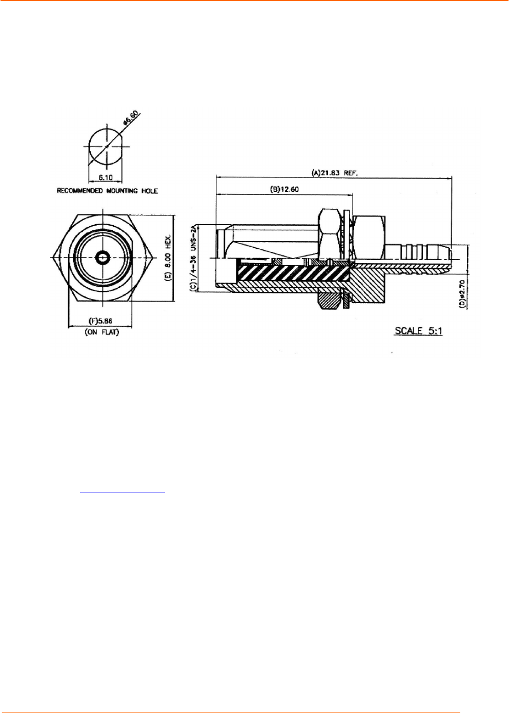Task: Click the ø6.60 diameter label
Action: pyautogui.click(x=130, y=117)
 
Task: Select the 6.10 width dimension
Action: pyautogui.click(x=105, y=177)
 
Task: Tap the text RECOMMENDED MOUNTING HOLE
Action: pyautogui.click(x=107, y=191)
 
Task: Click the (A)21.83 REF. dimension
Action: pyautogui.click(x=334, y=173)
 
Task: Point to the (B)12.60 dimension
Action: pyautogui.click(x=284, y=189)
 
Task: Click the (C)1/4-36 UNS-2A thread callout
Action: pyautogui.click(x=193, y=257)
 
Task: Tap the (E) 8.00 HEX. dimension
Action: pyautogui.click(x=168, y=258)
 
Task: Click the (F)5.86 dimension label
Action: pyautogui.click(x=100, y=321)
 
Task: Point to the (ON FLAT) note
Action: pyautogui.click(x=102, y=332)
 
